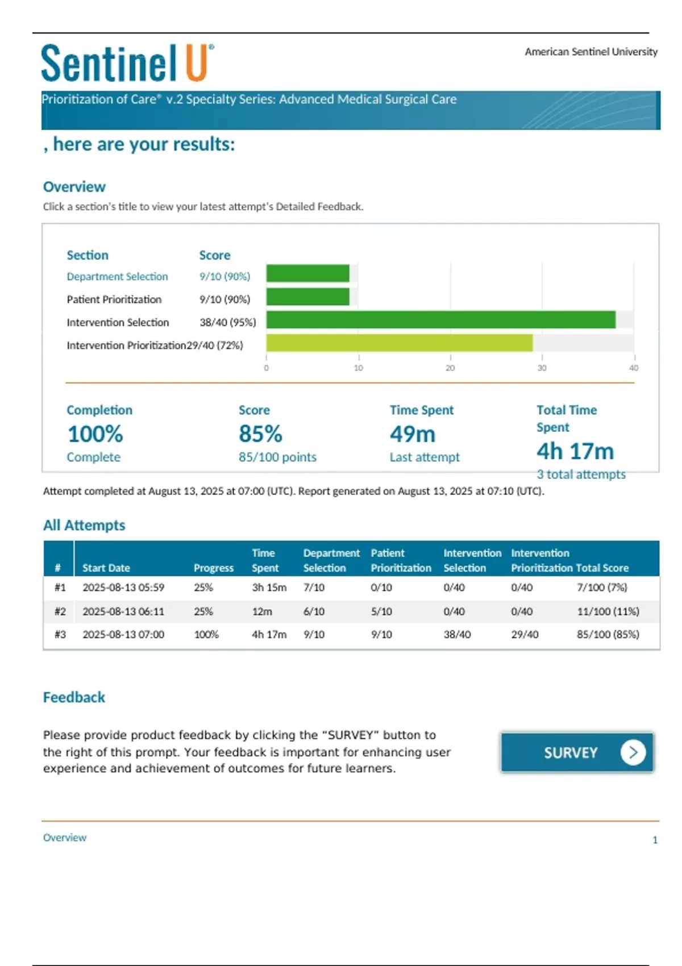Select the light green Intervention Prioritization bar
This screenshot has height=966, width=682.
(x=399, y=343)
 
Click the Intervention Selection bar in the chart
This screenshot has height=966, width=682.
(x=440, y=320)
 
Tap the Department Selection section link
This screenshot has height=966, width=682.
(x=117, y=277)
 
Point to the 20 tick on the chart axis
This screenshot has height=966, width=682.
(x=450, y=368)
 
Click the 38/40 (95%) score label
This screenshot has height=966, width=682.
(x=227, y=322)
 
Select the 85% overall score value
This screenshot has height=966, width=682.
(x=260, y=434)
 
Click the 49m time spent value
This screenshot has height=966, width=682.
(x=413, y=434)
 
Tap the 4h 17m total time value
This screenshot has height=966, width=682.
(x=575, y=451)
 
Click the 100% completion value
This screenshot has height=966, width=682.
(x=95, y=434)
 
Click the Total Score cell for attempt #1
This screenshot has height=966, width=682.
(x=602, y=588)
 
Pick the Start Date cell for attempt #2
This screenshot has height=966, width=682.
(x=123, y=611)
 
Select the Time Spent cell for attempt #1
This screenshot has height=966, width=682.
(x=269, y=588)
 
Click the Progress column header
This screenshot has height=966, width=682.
(x=213, y=568)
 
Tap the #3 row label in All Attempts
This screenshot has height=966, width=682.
(x=60, y=634)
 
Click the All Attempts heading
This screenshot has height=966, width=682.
(x=84, y=525)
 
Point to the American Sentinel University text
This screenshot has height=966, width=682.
(x=590, y=52)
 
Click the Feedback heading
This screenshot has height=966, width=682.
(x=74, y=697)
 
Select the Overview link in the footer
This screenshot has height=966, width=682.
(x=65, y=838)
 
